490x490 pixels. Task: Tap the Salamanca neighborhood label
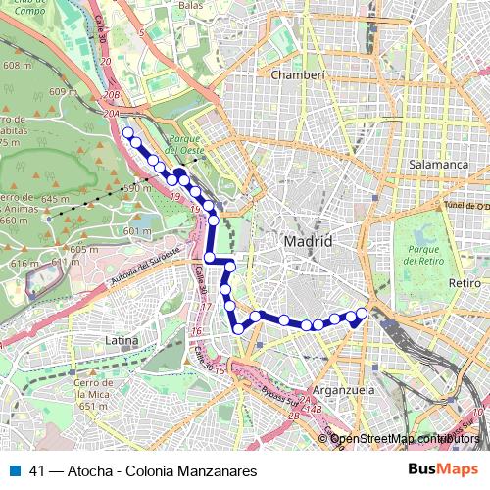[x=440, y=165]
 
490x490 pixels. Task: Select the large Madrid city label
[x=308, y=241]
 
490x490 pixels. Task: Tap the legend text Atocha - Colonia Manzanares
[x=158, y=470]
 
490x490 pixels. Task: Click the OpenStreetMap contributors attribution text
[x=405, y=438]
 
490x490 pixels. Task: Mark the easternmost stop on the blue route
[x=361, y=313]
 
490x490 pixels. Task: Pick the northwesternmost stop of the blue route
[x=127, y=131]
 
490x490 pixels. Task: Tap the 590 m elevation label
[x=136, y=188]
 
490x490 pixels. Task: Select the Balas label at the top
[x=190, y=5]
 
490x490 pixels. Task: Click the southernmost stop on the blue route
[x=237, y=329]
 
